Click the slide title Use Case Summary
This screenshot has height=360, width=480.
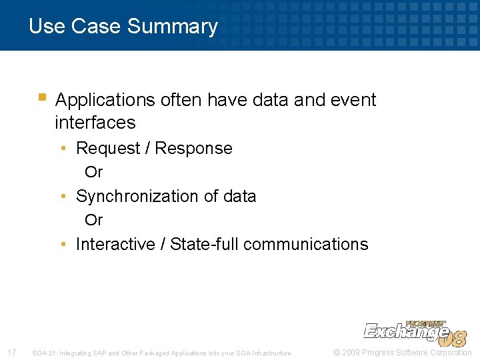[123, 27]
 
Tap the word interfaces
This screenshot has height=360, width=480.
[95, 123]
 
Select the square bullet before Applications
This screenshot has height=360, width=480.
[42, 97]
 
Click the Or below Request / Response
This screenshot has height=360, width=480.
[94, 172]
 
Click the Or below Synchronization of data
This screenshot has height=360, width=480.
[94, 220]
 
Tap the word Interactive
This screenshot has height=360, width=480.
[115, 245]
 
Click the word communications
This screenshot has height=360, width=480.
[305, 245]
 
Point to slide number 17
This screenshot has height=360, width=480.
[11, 352]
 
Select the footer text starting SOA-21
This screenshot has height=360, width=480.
[161, 353]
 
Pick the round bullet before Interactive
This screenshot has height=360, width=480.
[62, 245]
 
